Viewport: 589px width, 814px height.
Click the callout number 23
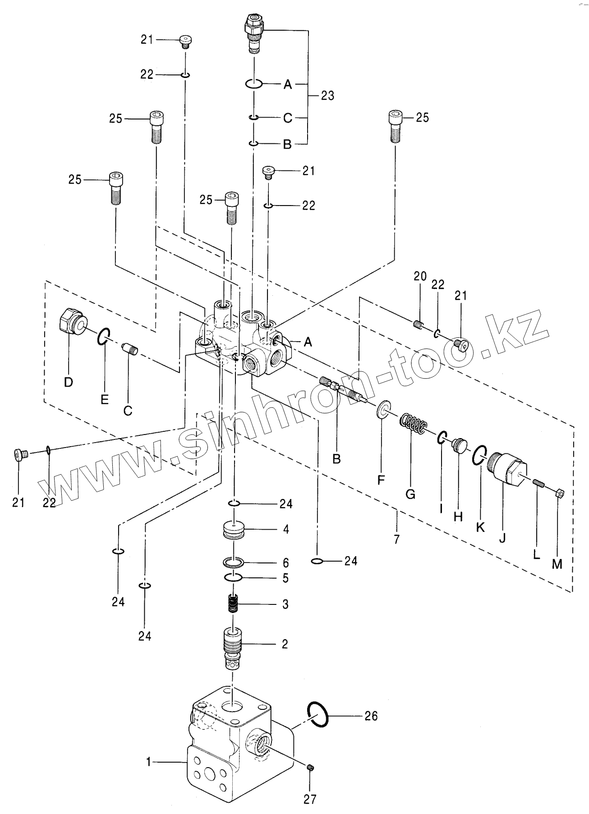pyautogui.click(x=327, y=96)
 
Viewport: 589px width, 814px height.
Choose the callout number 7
pyautogui.click(x=396, y=539)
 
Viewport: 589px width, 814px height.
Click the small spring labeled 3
pyautogui.click(x=233, y=604)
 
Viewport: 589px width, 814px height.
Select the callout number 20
pyautogui.click(x=420, y=276)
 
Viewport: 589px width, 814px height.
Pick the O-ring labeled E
pyautogui.click(x=103, y=336)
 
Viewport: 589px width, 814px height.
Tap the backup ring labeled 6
pyautogui.click(x=234, y=562)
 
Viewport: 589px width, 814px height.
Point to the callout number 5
pyautogui.click(x=285, y=578)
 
